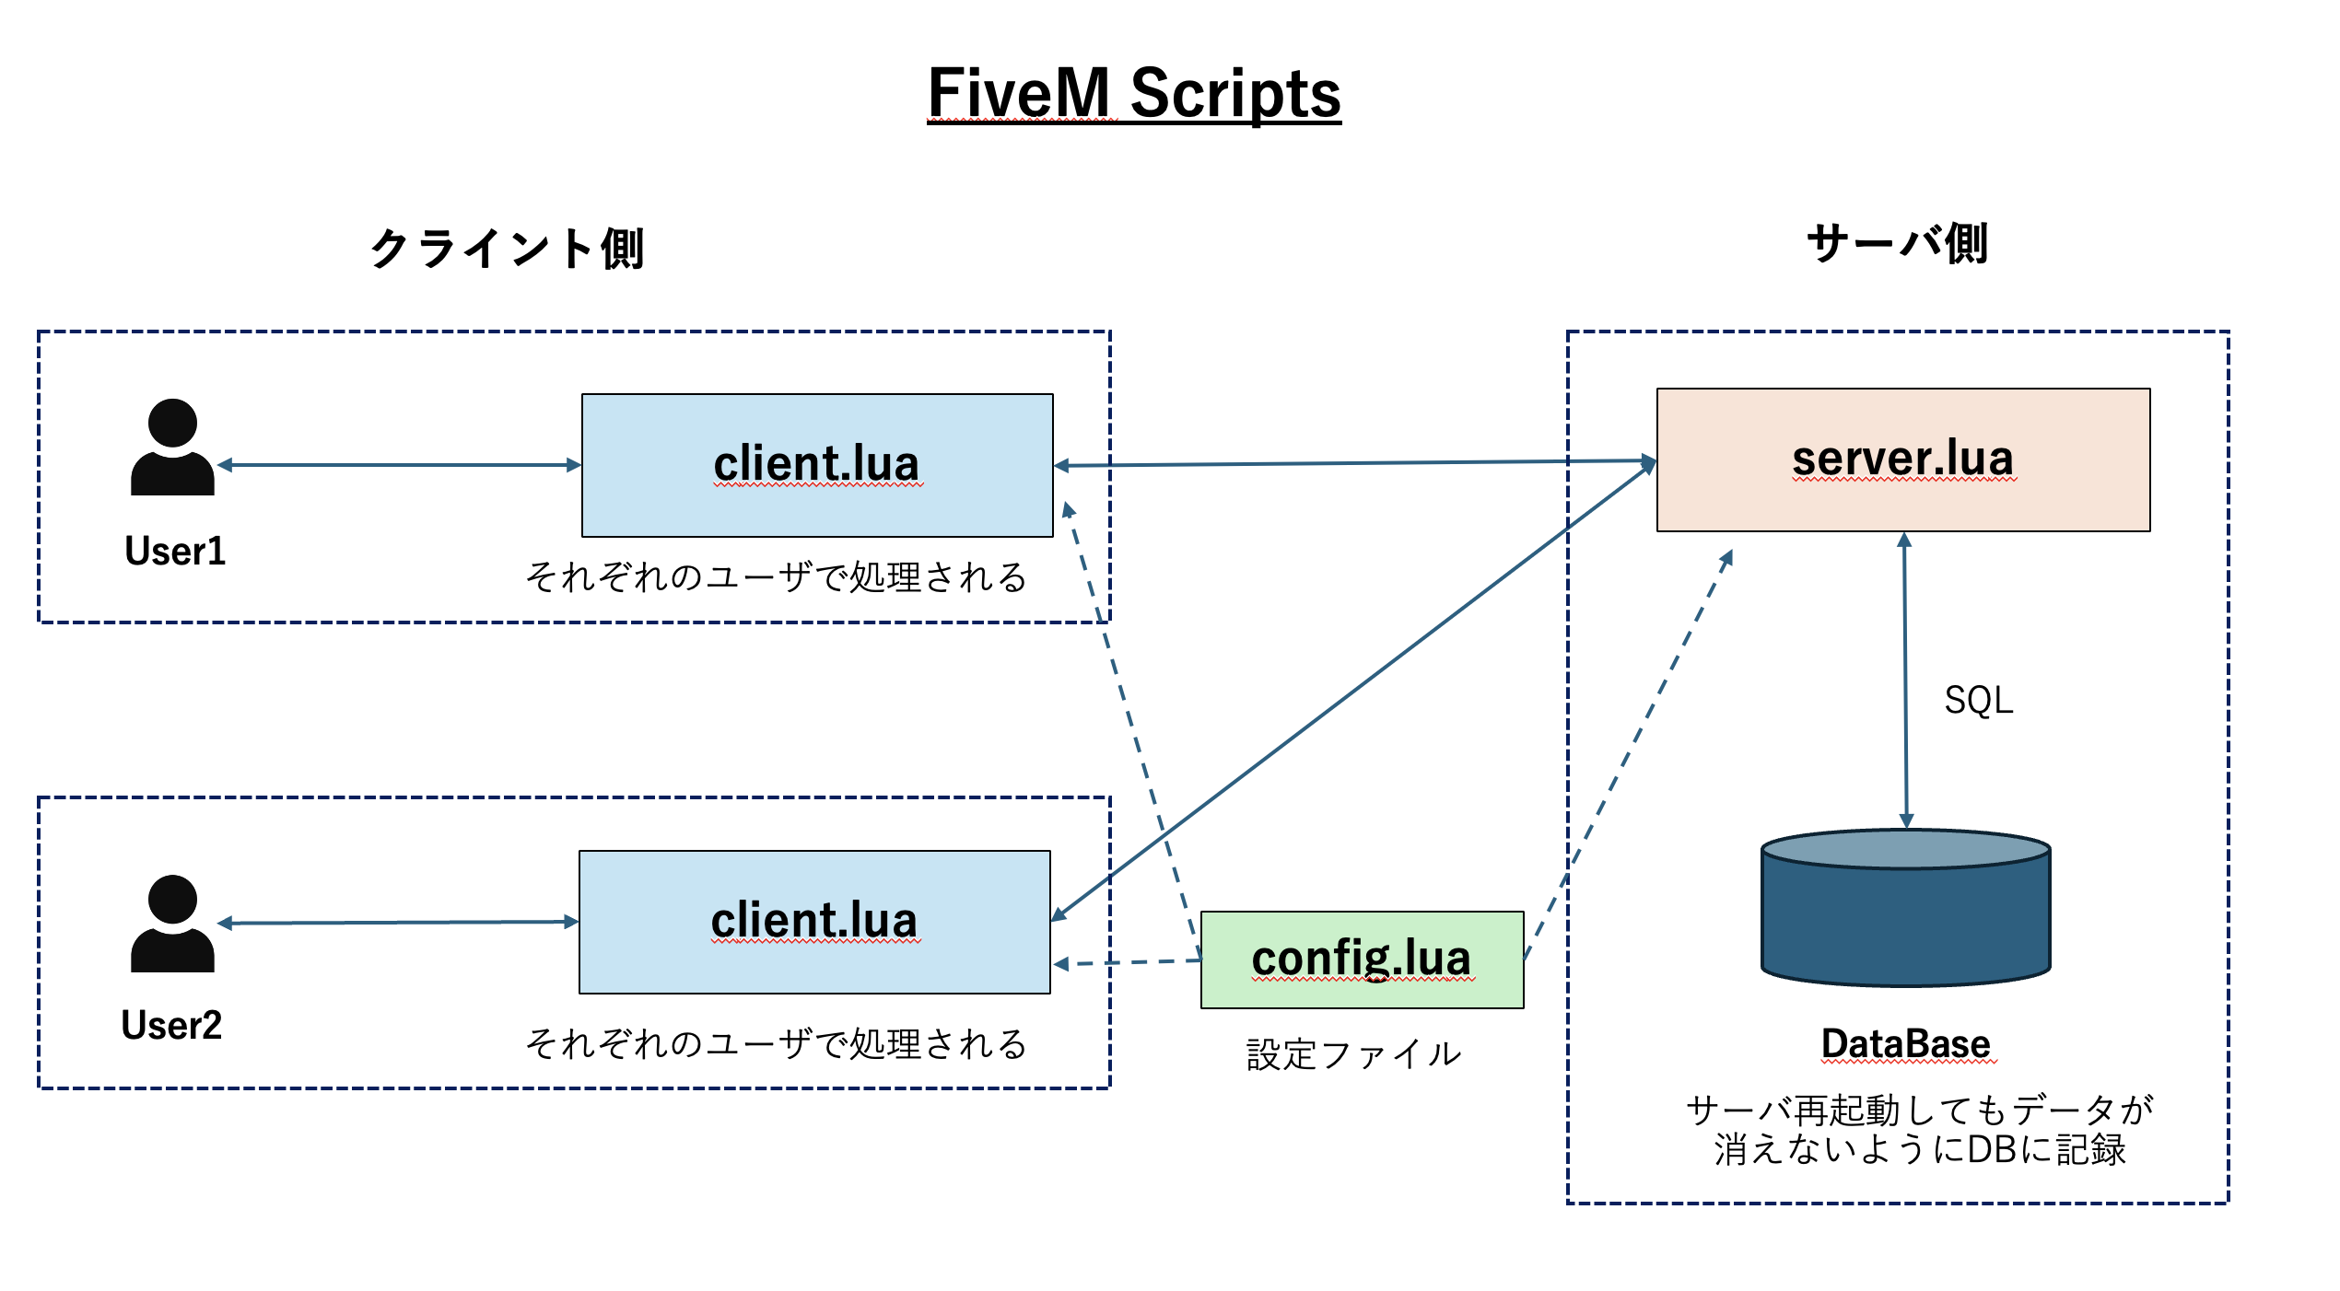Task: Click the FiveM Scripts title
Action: pos(1133,93)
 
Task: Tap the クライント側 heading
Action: pos(507,248)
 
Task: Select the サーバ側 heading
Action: pos(1897,244)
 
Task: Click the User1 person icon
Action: pos(172,448)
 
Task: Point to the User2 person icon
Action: pos(172,924)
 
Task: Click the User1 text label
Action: pos(175,551)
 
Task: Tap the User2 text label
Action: pos(171,1025)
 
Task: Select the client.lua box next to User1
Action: pos(817,465)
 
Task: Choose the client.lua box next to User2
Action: pos(814,922)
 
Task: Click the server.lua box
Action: pos(1902,459)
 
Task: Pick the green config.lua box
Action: pos(1362,960)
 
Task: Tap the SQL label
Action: pos(1978,701)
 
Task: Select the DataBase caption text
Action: pos(1905,1043)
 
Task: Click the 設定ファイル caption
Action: pos(1353,1054)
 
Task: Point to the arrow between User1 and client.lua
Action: pos(399,465)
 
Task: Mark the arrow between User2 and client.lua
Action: pos(399,922)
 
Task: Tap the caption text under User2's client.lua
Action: pos(776,1043)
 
